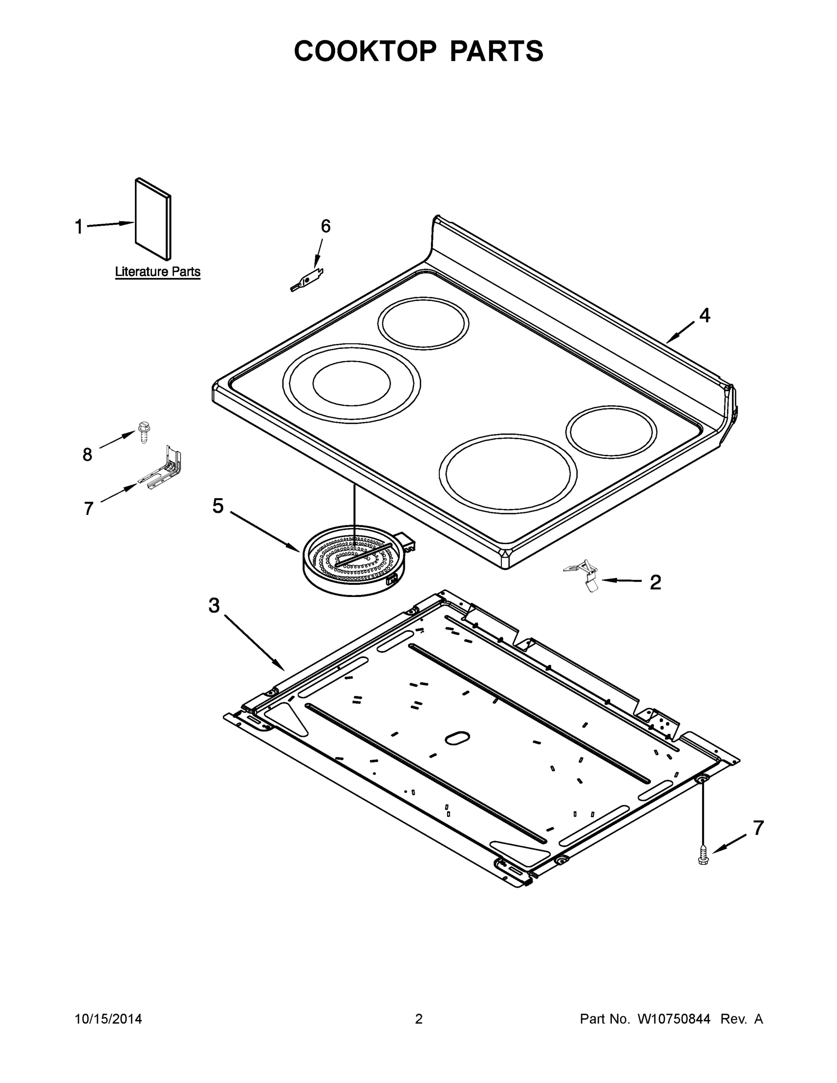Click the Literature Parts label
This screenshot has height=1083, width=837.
pos(157,272)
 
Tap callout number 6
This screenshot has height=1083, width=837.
pos(325,226)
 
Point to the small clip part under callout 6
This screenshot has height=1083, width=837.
pos(307,280)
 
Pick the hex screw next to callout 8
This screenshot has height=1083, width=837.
pos(144,432)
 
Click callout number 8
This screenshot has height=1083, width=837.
pos(87,454)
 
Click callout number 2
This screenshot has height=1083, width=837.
pos(655,583)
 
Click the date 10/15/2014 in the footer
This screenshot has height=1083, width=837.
pos(108,1019)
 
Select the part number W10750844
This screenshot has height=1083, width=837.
pos(673,1019)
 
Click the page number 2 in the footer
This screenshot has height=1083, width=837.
pos(419,1019)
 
